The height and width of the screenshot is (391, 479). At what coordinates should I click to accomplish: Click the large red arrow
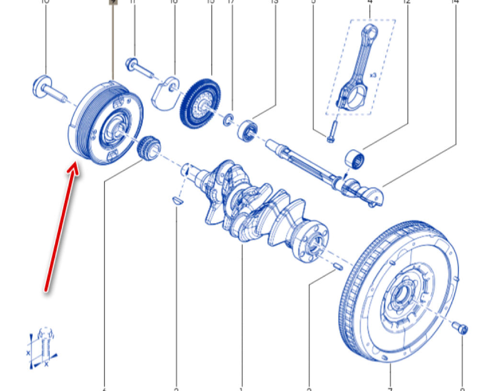(60, 225)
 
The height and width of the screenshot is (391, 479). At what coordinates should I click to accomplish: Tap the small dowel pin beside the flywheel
(337, 265)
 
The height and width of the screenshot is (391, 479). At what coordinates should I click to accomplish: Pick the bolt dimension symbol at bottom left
(42, 348)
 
